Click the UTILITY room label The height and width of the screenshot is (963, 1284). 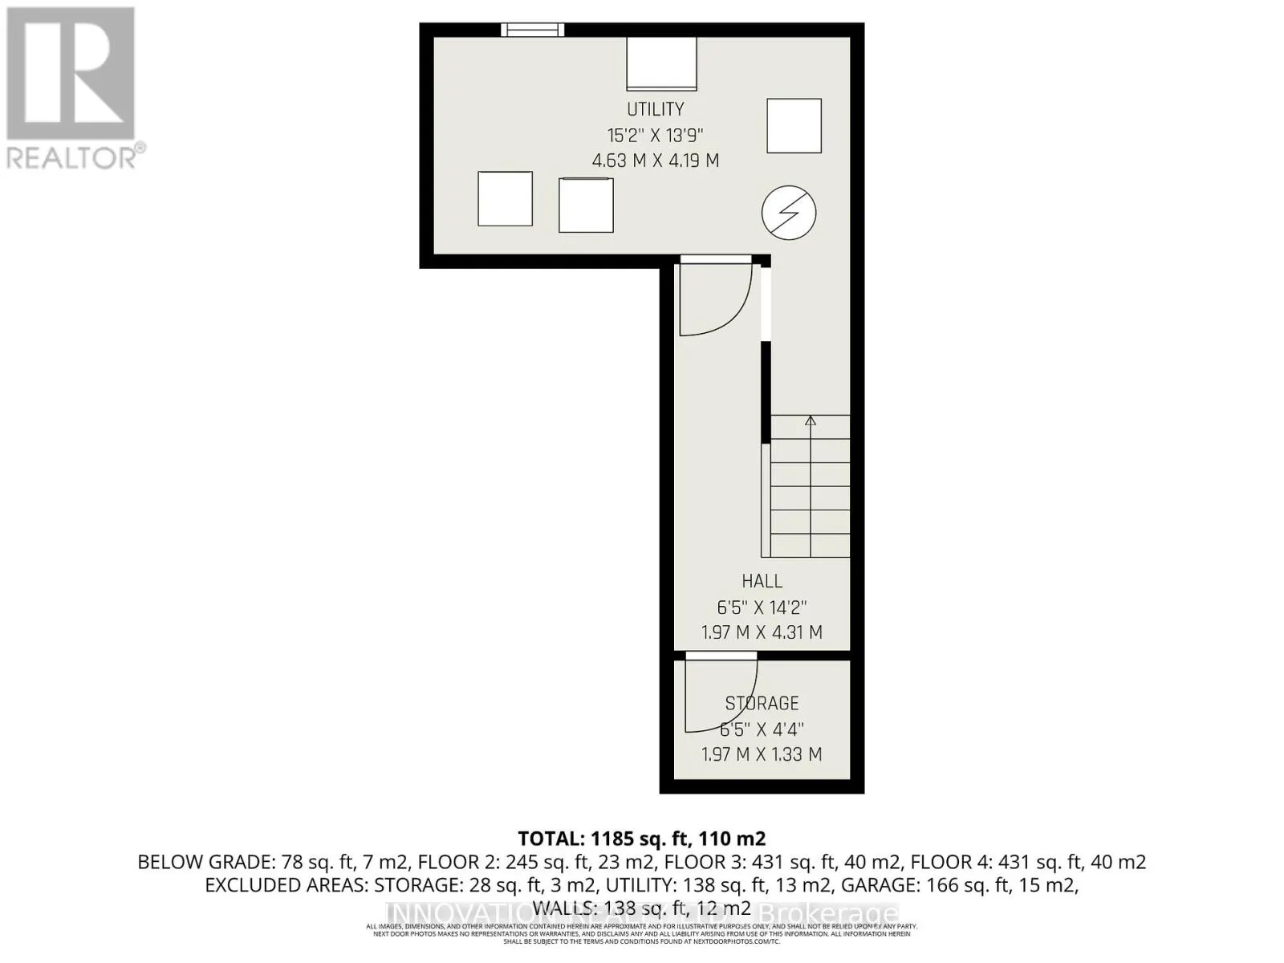pos(655,109)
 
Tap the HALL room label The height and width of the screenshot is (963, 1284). pos(762,581)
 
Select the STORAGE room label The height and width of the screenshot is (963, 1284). pos(762,704)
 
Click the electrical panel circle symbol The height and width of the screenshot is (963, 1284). pos(789,213)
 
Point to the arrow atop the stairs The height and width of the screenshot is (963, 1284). pos(811,421)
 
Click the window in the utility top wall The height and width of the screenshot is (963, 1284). pos(533,30)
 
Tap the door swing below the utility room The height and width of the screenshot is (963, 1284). pos(713,298)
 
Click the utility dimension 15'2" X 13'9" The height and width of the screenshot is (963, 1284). pos(655,135)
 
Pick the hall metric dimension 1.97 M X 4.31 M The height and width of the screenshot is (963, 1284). pos(762,632)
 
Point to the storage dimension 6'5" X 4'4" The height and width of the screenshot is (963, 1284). pos(762,729)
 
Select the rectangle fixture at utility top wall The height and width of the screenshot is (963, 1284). pos(661,63)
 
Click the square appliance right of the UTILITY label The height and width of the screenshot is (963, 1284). pos(794,125)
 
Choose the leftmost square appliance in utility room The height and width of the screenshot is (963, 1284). pos(505,199)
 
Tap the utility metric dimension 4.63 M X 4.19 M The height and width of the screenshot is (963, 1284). pos(655,160)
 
